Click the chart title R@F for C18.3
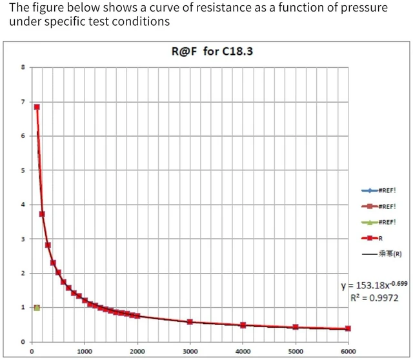[212, 51]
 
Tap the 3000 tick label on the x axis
[190, 352]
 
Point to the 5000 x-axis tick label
[296, 352]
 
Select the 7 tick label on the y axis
[23, 102]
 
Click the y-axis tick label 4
[23, 205]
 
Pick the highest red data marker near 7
[37, 107]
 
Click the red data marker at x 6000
[348, 328]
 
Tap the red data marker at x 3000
[190, 322]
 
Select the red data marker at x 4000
[243, 325]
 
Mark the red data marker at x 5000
[296, 327]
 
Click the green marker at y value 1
[37, 308]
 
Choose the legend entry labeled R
[372, 238]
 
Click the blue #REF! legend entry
[379, 190]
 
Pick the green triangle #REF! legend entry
[379, 223]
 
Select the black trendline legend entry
[382, 254]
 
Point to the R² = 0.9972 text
[374, 298]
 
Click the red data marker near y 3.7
[42, 214]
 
